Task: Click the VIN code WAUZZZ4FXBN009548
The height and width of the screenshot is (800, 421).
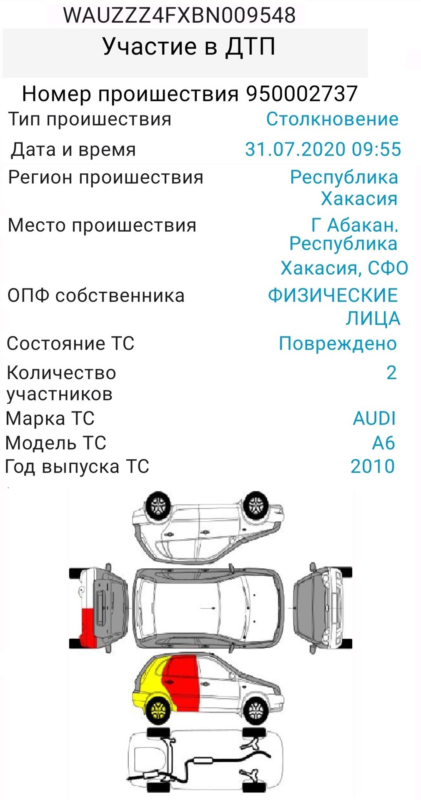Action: point(179,15)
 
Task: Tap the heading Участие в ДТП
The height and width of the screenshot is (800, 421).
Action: point(188,47)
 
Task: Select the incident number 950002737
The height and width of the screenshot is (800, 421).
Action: point(302,94)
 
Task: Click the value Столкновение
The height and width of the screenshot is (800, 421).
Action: point(332,119)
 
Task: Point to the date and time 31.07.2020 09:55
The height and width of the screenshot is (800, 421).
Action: point(323,149)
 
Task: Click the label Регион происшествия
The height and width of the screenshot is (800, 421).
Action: point(106,177)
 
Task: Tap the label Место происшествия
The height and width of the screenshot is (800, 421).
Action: point(102,225)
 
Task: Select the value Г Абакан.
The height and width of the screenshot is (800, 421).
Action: point(355,225)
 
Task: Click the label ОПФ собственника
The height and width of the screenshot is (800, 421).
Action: point(96,296)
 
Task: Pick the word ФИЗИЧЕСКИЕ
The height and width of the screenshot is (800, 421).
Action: point(333,296)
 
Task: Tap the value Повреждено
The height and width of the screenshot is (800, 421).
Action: point(338,344)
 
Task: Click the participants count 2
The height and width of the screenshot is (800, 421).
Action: point(391,372)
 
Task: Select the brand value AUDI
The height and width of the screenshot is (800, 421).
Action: point(374,418)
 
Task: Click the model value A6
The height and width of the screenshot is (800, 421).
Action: point(383,443)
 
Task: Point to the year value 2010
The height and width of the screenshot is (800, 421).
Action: point(372,466)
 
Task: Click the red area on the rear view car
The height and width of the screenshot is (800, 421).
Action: point(88,627)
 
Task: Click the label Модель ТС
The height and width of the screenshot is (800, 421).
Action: point(56,443)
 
